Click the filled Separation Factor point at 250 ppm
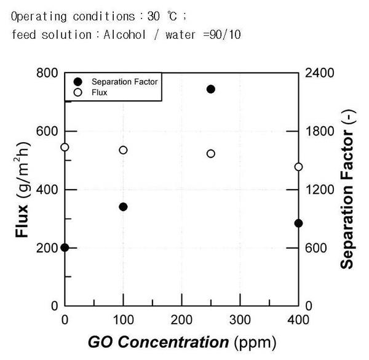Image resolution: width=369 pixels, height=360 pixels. point(211,89)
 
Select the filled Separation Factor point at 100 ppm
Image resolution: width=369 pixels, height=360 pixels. point(123,207)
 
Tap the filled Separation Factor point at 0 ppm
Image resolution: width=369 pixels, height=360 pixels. point(65,247)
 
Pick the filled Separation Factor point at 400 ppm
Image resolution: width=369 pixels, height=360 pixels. point(298,223)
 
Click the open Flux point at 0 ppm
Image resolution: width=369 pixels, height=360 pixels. point(65,147)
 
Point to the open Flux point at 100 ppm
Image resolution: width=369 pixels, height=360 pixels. point(123,150)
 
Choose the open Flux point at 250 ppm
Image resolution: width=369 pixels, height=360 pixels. point(211,154)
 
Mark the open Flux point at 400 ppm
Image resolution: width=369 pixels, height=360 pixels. point(298,167)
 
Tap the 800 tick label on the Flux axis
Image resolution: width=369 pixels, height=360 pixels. point(47,73)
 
